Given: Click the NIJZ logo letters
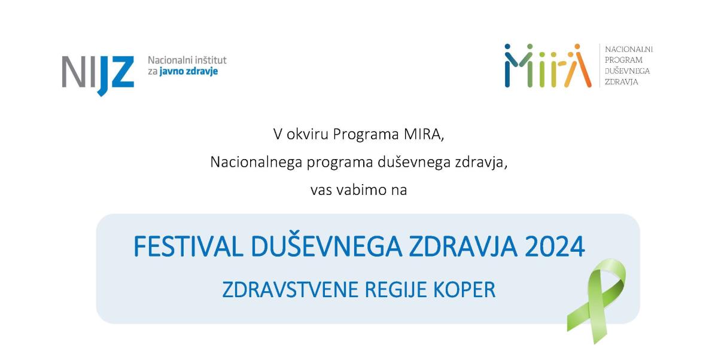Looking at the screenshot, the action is pos(98,75).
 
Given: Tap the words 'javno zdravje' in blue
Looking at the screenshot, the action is pos(188,71).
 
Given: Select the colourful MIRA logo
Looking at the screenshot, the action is pos(548,65).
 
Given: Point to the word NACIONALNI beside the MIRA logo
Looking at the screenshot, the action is pos(629,49).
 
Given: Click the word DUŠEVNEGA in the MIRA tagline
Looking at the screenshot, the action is pos(627,71).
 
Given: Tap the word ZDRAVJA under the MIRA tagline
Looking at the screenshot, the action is pos(621,82).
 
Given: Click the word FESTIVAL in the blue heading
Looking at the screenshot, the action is pos(188,246).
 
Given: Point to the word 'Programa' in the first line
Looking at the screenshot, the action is pos(366,135).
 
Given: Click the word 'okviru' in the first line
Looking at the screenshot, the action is pos(307,134).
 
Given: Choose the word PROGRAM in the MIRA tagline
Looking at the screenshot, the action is pos(623,60).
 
